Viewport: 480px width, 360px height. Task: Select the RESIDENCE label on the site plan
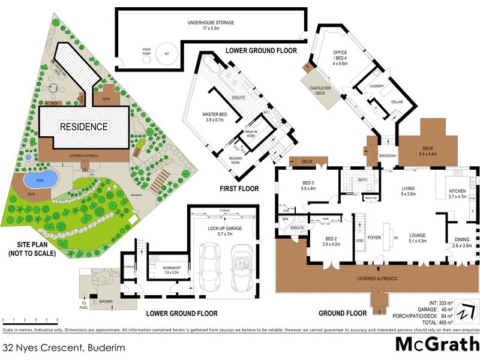(x=83, y=127)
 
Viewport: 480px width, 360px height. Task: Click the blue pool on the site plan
(x=40, y=178)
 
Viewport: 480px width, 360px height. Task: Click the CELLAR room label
(x=397, y=102)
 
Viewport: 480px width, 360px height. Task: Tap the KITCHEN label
(x=457, y=193)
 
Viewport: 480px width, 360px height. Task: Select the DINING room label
(x=461, y=242)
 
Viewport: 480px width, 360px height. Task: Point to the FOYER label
(x=374, y=236)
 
